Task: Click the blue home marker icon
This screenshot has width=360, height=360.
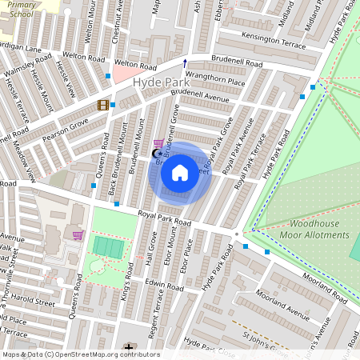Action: (x=180, y=173)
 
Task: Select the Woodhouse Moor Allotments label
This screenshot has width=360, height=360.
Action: (x=314, y=230)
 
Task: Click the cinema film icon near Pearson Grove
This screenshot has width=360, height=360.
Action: (x=102, y=105)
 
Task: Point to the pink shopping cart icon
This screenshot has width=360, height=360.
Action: (x=78, y=235)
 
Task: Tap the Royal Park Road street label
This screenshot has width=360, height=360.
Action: (x=164, y=217)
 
